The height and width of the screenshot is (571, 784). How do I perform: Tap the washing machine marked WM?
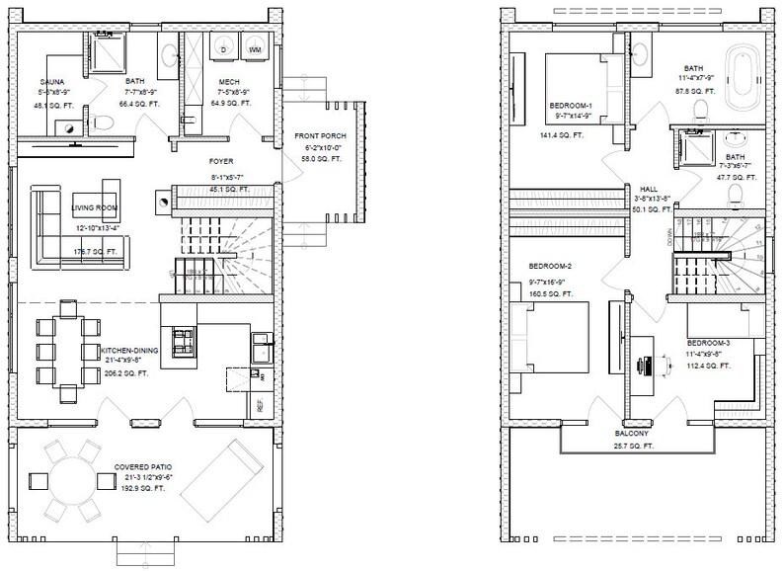point(255,48)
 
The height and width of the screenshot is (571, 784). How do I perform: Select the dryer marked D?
point(223,48)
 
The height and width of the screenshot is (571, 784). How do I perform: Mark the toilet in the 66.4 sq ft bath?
point(105,122)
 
